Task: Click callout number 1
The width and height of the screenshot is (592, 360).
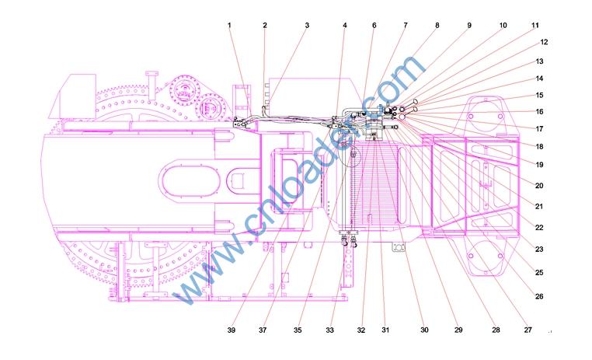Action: pyautogui.click(x=229, y=26)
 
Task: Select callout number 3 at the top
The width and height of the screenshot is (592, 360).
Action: pyautogui.click(x=307, y=26)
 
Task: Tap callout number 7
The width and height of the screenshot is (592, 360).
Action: pyautogui.click(x=406, y=26)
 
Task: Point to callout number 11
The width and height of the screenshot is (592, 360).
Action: pyautogui.click(x=535, y=26)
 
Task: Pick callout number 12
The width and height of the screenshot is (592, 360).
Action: pyautogui.click(x=544, y=42)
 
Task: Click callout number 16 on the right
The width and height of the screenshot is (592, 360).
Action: pyautogui.click(x=539, y=111)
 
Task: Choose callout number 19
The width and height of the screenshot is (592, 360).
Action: pyautogui.click(x=539, y=165)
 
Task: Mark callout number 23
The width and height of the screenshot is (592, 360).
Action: pyautogui.click(x=539, y=250)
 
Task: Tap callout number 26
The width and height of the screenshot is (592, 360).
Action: pyautogui.click(x=539, y=296)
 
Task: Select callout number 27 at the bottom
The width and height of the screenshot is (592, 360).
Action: pyautogui.click(x=528, y=330)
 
